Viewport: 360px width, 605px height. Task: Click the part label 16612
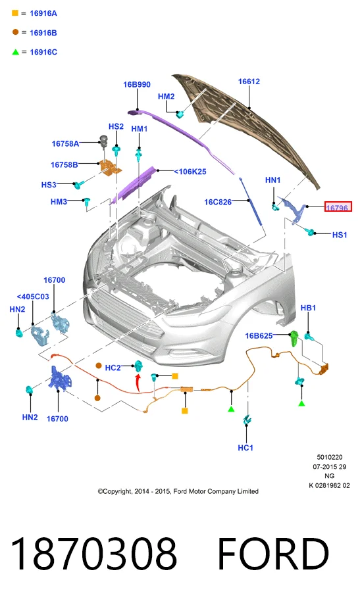tap(249, 82)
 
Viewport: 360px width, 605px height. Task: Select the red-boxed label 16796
tap(338, 207)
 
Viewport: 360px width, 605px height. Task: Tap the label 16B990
tap(137, 84)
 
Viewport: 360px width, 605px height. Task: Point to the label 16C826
tap(218, 202)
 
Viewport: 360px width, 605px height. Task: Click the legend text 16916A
tap(43, 13)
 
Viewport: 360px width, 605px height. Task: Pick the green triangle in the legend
tap(15, 52)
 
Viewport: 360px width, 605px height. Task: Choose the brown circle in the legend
tap(15, 32)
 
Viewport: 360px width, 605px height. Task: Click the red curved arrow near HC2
tap(138, 383)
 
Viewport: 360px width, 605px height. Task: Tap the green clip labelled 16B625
tap(294, 339)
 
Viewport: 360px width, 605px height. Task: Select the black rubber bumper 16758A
tap(104, 141)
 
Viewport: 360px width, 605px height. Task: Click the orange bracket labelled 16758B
tap(110, 167)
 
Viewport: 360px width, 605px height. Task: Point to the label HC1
tap(245, 448)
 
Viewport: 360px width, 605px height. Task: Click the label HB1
tap(308, 308)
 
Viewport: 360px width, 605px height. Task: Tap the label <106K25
tap(190, 172)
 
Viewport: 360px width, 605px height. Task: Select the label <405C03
tap(33, 297)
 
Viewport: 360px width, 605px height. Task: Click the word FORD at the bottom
tap(273, 554)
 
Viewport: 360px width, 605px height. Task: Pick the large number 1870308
tap(94, 554)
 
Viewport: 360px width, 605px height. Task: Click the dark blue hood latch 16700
tap(60, 377)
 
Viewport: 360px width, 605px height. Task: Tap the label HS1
tap(340, 235)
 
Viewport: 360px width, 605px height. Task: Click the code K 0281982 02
tap(330, 485)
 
